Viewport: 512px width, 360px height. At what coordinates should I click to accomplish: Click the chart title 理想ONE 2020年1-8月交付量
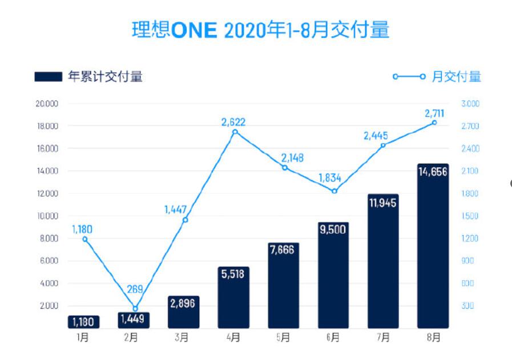tap(260, 30)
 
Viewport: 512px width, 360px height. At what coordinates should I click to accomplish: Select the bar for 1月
tap(84, 322)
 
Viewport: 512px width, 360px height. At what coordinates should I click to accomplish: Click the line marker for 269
tap(135, 309)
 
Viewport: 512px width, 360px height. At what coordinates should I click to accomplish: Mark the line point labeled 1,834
tap(334, 191)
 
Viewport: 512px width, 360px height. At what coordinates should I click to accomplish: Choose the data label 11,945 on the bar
tap(384, 203)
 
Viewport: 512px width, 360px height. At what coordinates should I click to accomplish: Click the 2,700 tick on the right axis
tap(471, 126)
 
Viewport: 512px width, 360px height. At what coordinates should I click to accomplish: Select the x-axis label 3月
tap(183, 338)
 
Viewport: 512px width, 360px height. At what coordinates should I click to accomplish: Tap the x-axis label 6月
tap(333, 338)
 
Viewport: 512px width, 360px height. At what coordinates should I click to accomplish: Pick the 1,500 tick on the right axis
tap(471, 216)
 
